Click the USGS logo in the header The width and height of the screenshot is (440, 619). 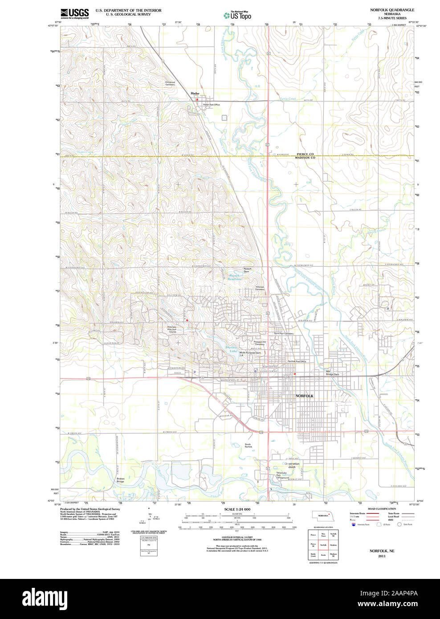point(74,13)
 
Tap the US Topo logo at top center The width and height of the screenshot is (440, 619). point(238,16)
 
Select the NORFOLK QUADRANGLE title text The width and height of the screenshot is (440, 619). point(392,10)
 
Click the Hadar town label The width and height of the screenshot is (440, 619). point(195,93)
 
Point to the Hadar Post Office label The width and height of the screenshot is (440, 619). point(211,105)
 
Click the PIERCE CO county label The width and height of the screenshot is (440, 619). point(305,154)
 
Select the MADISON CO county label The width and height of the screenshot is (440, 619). point(305,158)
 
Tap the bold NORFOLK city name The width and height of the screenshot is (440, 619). point(305,396)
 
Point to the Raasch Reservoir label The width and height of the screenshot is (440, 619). point(235,278)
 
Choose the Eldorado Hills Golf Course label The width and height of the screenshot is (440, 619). point(172,330)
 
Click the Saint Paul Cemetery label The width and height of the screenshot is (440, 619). point(283,334)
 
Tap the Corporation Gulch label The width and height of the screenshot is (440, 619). point(292,465)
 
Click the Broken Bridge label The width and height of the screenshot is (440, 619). point(120,480)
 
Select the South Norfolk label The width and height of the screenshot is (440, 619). point(248,445)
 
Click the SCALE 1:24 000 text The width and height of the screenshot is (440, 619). point(237,509)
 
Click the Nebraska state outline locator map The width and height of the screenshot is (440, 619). point(323,515)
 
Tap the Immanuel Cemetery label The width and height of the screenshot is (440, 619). point(170,83)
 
